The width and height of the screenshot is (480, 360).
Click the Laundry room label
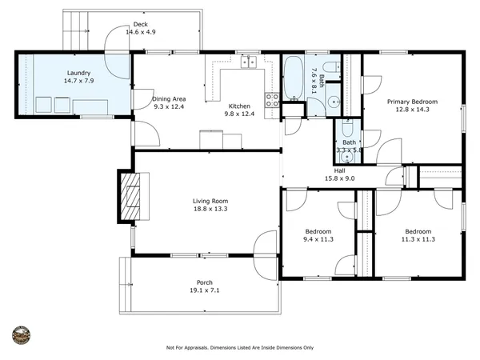(78, 72)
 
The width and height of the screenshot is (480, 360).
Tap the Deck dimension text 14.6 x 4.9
(139, 33)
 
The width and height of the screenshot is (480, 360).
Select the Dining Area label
(168, 98)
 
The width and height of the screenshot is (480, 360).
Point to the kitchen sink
(250, 62)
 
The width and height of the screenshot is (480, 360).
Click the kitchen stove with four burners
(272, 100)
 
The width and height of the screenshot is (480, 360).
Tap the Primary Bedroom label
(412, 102)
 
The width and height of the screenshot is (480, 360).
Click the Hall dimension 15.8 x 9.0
(339, 178)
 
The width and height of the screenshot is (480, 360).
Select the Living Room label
(210, 201)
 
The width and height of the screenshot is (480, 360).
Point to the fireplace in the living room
(131, 196)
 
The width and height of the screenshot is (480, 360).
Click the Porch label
(204, 282)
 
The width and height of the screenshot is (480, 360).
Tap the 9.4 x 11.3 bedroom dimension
(318, 239)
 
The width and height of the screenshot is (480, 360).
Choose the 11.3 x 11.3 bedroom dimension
(418, 239)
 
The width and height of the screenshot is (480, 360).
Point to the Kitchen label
(240, 106)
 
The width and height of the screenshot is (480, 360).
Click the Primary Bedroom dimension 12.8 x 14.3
(412, 110)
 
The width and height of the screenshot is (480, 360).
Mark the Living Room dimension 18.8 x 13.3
(210, 209)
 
